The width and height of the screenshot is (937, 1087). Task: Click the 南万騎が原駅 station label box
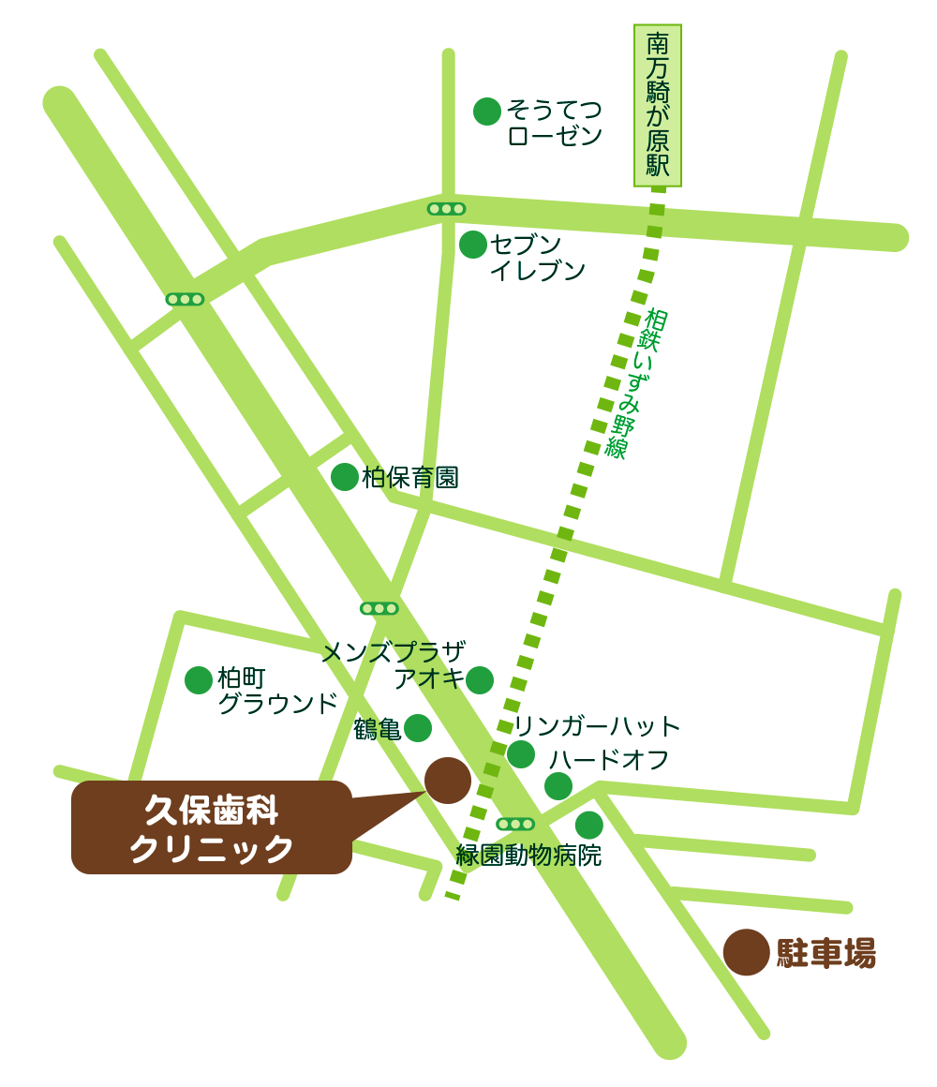point(658,105)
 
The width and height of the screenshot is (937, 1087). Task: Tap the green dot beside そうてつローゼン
point(487,112)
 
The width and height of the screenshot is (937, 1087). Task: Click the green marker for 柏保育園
point(345,477)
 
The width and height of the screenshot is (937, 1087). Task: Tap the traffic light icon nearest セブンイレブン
point(446,209)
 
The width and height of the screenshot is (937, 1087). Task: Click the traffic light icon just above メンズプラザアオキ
point(379,608)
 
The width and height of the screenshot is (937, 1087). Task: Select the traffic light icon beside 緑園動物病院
point(515,824)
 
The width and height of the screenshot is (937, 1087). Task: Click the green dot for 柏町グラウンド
point(199,680)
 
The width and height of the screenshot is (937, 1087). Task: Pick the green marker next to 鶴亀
point(418,728)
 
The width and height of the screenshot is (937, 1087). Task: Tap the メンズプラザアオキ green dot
point(480,680)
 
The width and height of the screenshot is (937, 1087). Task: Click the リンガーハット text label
point(597,726)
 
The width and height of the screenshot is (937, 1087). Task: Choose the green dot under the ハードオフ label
point(558,786)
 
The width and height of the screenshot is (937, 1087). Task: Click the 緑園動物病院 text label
point(528,856)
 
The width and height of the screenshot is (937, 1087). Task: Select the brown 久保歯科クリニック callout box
point(212,827)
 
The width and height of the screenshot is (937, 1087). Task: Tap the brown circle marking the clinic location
point(448,781)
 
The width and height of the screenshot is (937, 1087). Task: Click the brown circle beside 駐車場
point(747,953)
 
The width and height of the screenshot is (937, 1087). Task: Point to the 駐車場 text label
point(826,954)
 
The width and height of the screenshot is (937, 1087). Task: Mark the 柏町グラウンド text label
point(276,691)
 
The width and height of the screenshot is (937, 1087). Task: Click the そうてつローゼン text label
point(555,123)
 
